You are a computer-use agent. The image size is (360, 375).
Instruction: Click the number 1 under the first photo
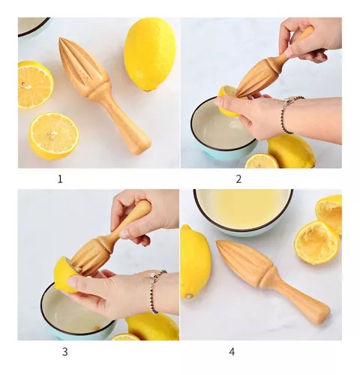(x=60, y=179)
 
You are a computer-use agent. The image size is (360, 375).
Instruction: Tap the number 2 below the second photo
(x=238, y=179)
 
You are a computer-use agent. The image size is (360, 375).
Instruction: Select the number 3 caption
(x=64, y=352)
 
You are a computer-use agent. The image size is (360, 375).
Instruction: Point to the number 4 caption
(x=232, y=352)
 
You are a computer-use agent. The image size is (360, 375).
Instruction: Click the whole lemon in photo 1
(x=150, y=54)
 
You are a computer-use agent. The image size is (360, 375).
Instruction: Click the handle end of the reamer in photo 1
(x=142, y=148)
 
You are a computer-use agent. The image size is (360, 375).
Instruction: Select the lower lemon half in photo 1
(x=54, y=136)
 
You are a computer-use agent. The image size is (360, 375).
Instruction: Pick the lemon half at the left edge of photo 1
(x=35, y=85)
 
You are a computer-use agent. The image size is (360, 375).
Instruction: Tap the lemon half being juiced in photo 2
(x=227, y=100)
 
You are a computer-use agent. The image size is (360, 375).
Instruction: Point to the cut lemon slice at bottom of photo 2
(x=262, y=161)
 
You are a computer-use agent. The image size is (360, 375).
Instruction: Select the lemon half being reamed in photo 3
(x=64, y=274)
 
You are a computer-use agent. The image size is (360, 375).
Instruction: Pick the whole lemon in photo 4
(x=195, y=261)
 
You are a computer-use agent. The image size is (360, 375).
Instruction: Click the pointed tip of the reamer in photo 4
(x=217, y=242)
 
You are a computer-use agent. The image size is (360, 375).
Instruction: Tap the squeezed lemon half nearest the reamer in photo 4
(x=316, y=242)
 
